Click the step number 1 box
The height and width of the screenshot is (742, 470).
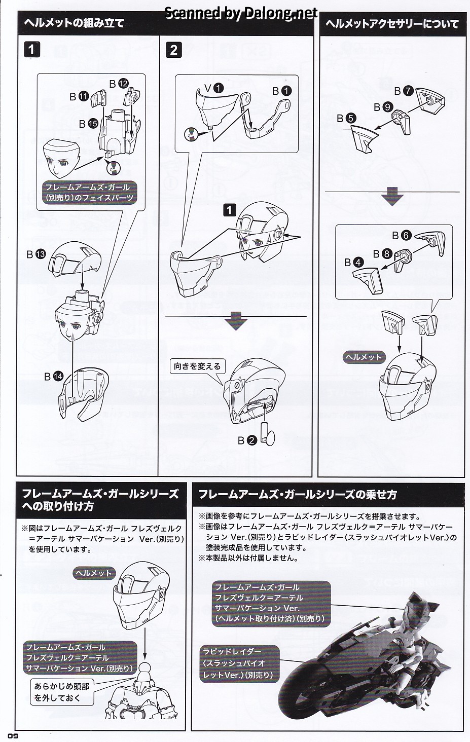tap(31, 50)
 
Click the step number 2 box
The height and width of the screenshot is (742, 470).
tap(174, 50)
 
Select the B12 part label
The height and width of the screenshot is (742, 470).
tap(119, 83)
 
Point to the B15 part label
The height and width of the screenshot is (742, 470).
tap(88, 123)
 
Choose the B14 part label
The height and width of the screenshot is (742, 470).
tap(53, 376)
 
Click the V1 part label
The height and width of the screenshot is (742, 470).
tap(213, 88)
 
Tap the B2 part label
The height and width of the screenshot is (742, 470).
tap(247, 440)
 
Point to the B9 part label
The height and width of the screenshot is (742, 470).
tap(383, 107)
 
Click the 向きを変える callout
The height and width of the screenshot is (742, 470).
tap(197, 366)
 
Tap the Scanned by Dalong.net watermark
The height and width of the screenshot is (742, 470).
tap(241, 13)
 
